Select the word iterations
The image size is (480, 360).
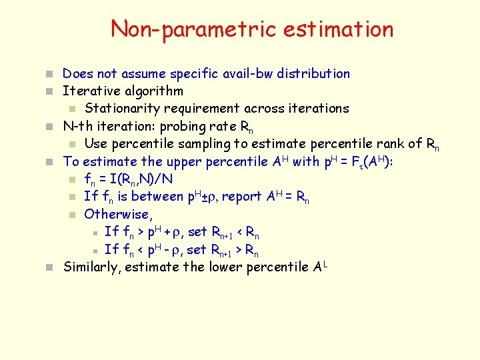click(x=317, y=108)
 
